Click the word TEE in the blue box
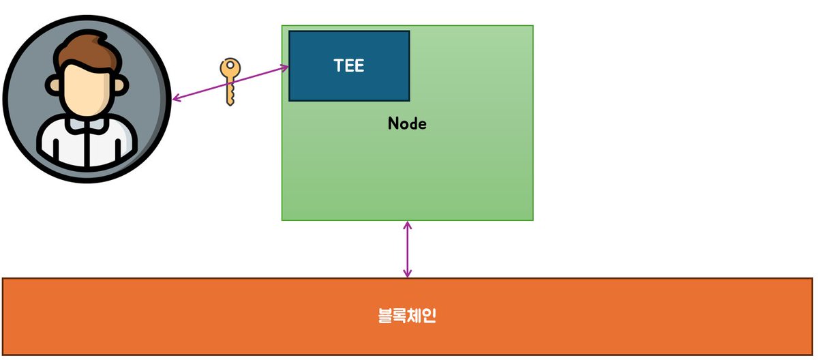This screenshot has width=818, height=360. pos(349,65)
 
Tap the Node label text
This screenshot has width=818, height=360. pos(407,123)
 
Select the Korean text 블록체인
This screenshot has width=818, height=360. pos(407,316)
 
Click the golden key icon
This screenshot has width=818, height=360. pos(230,81)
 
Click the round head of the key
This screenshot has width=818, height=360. pos(230,70)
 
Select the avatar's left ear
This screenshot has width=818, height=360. pos(53,86)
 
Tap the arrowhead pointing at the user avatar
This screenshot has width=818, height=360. pos(176,100)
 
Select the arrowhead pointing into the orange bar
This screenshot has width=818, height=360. pos(408,273)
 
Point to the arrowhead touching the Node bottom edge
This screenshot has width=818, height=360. pos(408,226)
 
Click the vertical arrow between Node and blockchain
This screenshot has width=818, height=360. pos(408,249)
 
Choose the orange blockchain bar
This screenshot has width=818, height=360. pos(204,316)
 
